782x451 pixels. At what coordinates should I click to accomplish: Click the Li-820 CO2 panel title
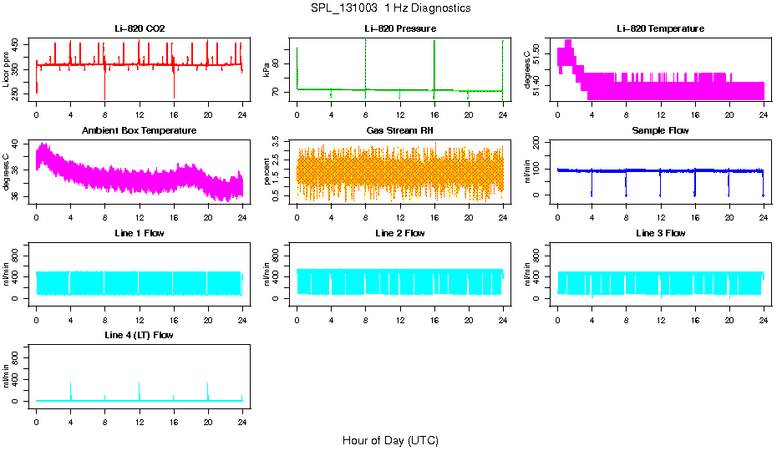(x=140, y=29)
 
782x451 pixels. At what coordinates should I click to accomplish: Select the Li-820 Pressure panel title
(x=400, y=29)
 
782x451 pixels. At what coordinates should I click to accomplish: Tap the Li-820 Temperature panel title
(x=660, y=29)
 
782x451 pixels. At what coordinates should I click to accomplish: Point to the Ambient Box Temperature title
(x=140, y=131)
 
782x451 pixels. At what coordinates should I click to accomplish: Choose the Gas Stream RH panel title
(x=400, y=131)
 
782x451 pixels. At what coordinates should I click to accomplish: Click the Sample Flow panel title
(x=660, y=131)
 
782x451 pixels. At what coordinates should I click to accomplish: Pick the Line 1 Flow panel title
(x=140, y=233)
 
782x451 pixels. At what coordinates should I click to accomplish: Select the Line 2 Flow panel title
(x=400, y=233)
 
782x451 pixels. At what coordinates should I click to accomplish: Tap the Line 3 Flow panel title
(x=660, y=233)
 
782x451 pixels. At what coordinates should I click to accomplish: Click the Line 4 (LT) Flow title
(x=140, y=335)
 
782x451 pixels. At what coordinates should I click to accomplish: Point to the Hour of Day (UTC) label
(x=390, y=440)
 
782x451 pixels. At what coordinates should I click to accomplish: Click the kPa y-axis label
(x=267, y=70)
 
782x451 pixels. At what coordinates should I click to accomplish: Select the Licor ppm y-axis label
(x=7, y=70)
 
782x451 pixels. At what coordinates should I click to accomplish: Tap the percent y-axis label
(x=267, y=172)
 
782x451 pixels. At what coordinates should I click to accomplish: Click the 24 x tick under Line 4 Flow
(x=242, y=414)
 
